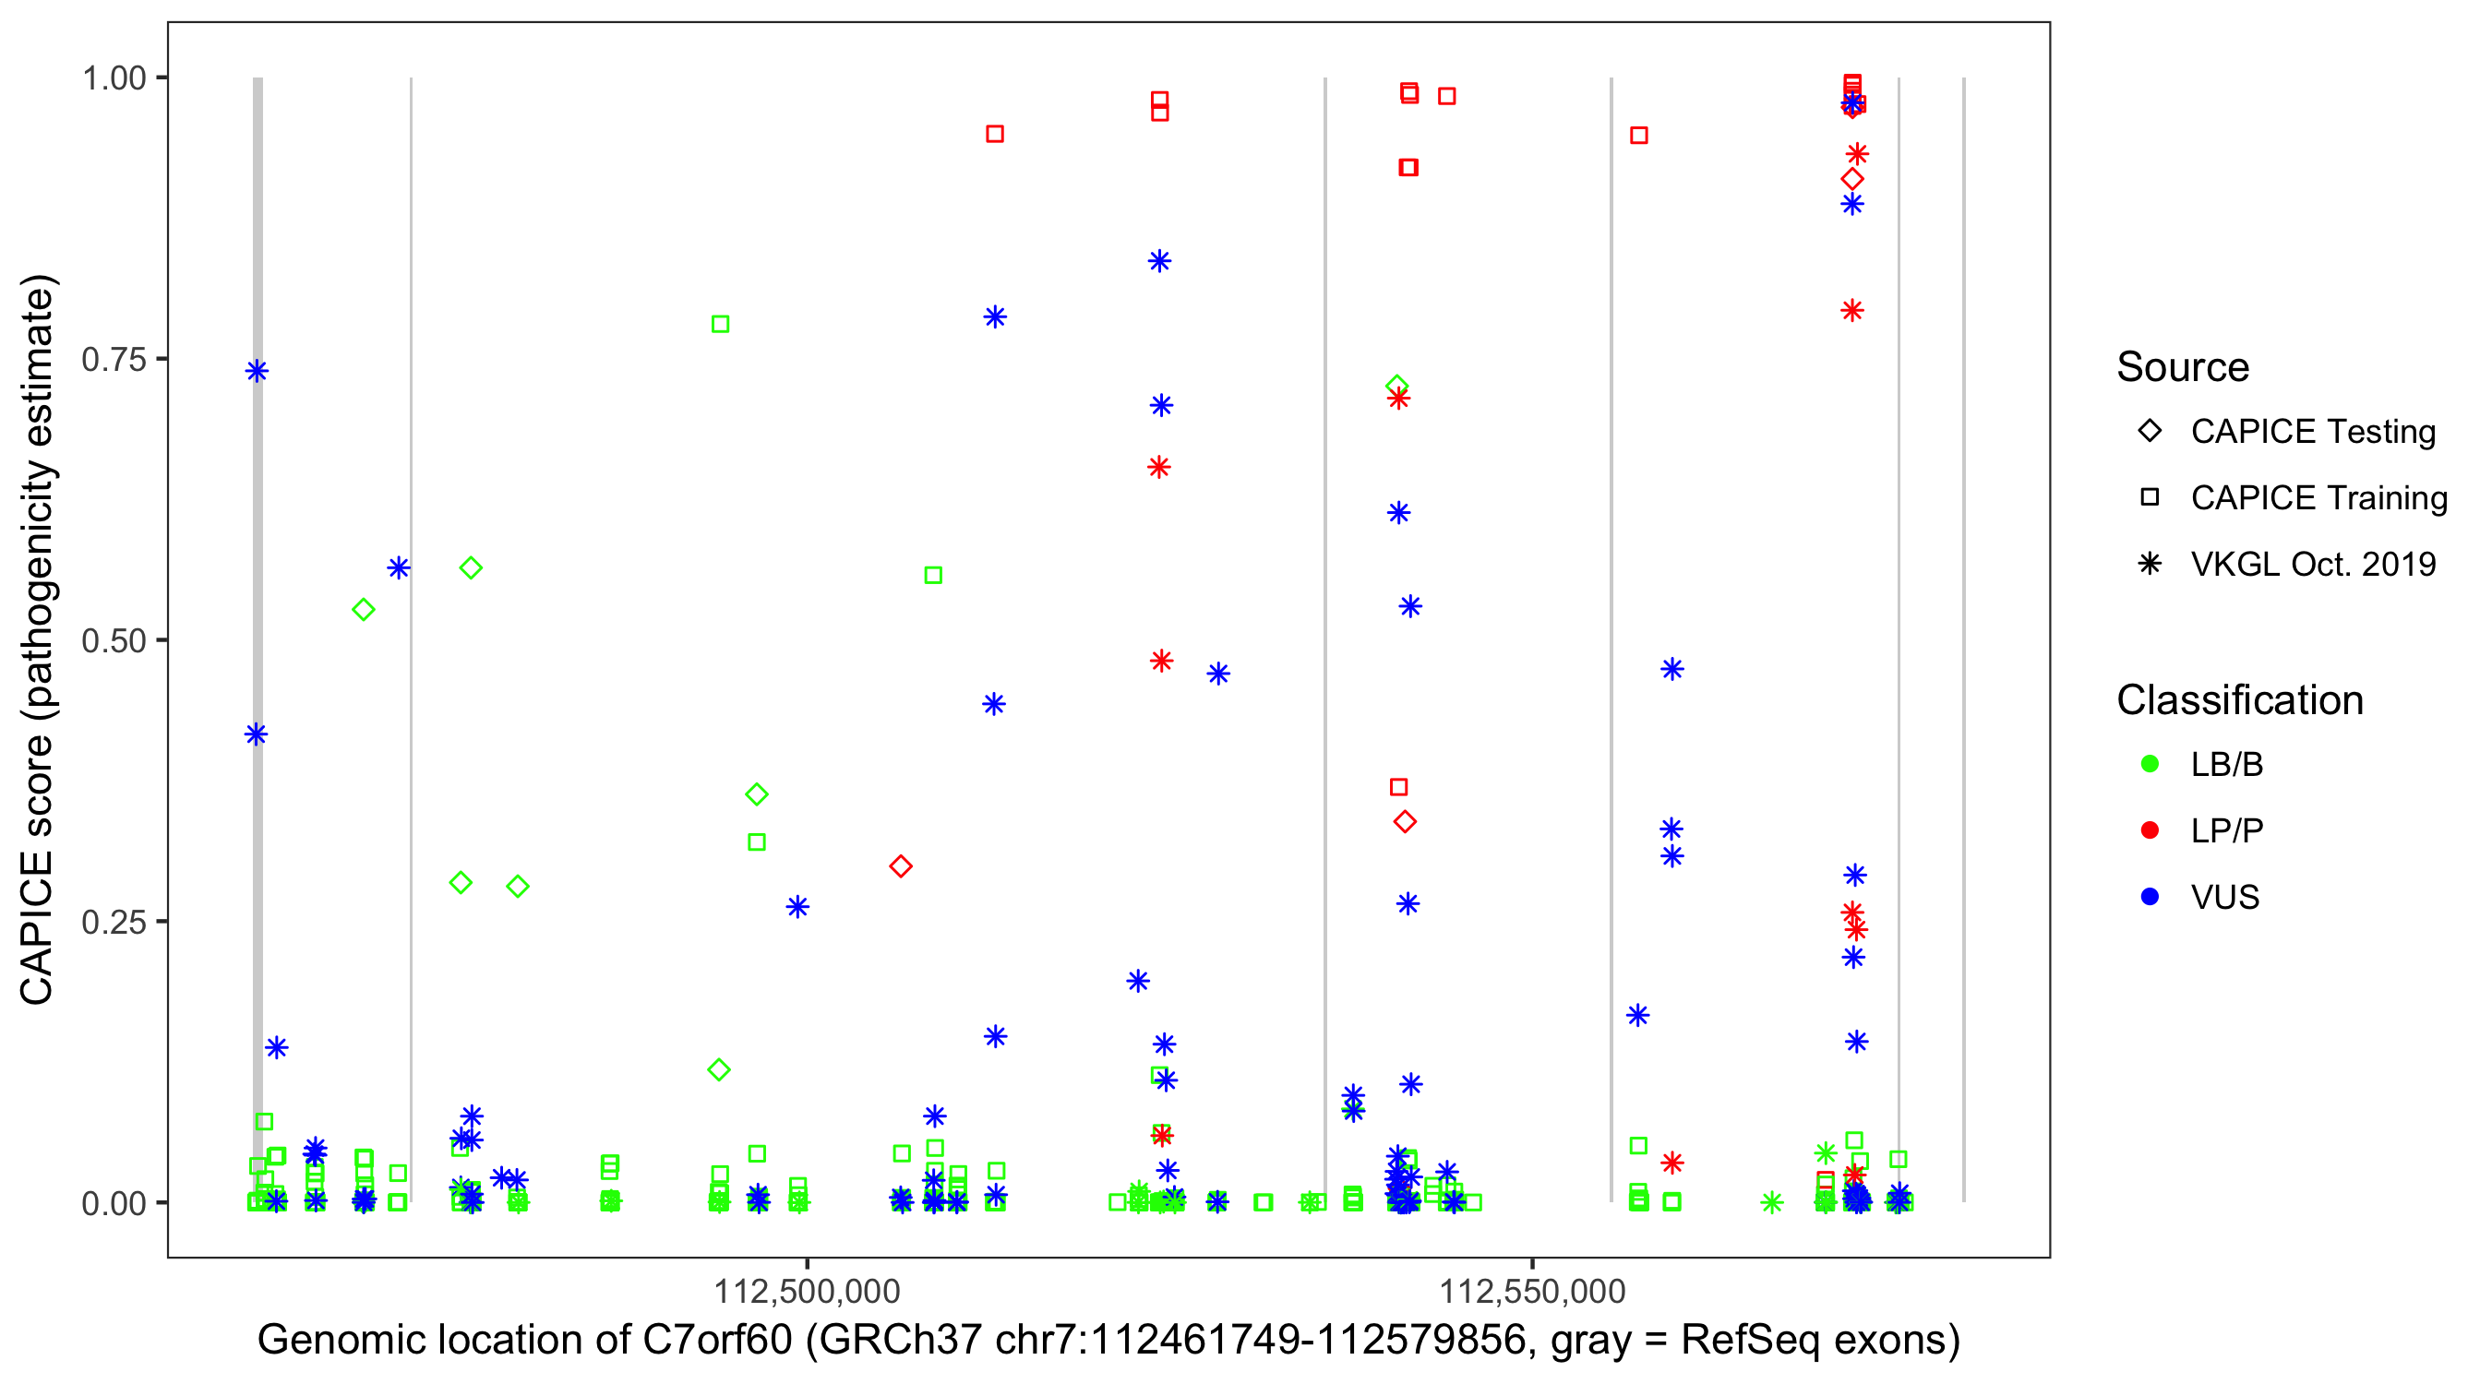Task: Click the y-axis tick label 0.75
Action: pyautogui.click(x=113, y=360)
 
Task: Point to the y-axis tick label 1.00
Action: pyautogui.click(x=113, y=78)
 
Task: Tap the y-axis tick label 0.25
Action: pyautogui.click(x=113, y=922)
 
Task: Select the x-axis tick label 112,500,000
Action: pyautogui.click(x=807, y=1291)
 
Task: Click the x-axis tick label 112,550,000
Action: pyautogui.click(x=1532, y=1291)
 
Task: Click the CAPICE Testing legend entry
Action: pyautogui.click(x=2312, y=432)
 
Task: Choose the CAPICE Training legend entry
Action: pyautogui.click(x=2318, y=498)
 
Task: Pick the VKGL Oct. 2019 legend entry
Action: pyautogui.click(x=2312, y=565)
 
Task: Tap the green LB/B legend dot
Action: pyautogui.click(x=2150, y=765)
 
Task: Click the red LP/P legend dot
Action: pyautogui.click(x=2150, y=830)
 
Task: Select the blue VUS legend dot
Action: pyautogui.click(x=2150, y=898)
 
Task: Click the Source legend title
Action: pyautogui.click(x=2183, y=367)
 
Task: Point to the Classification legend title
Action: pyautogui.click(x=2239, y=700)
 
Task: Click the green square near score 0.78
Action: pyautogui.click(x=720, y=324)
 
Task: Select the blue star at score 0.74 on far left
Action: pyautogui.click(x=257, y=372)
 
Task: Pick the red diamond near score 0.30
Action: pyautogui.click(x=901, y=866)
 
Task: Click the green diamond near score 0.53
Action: pyautogui.click(x=364, y=609)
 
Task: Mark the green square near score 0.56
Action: pyautogui.click(x=933, y=576)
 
